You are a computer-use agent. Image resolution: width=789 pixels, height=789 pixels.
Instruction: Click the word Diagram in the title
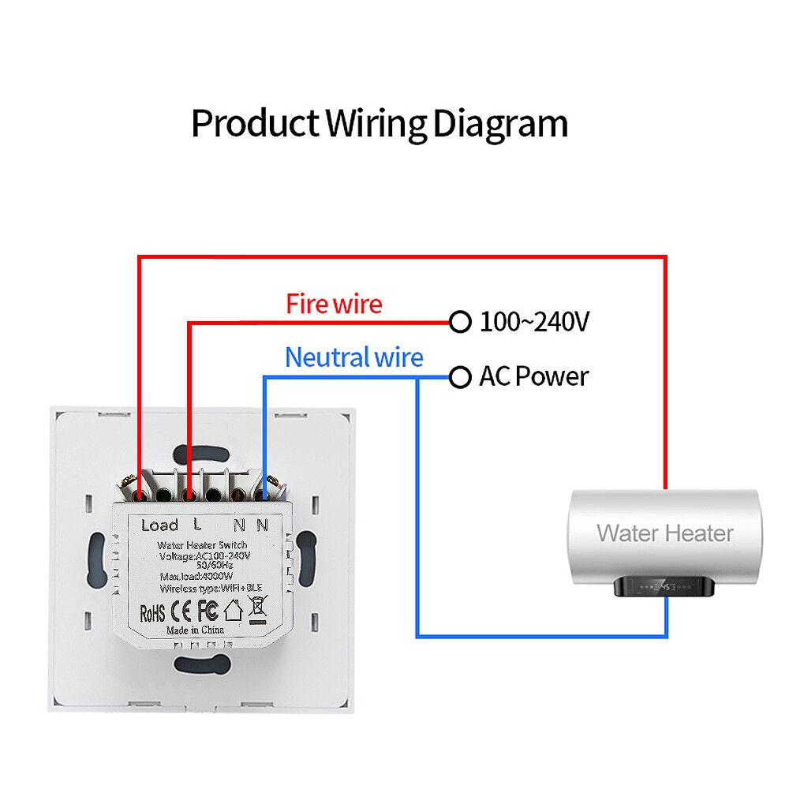tap(501, 124)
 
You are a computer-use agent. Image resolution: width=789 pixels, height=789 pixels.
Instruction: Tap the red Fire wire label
tap(334, 304)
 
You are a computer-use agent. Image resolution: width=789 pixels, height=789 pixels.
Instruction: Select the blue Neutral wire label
tap(353, 357)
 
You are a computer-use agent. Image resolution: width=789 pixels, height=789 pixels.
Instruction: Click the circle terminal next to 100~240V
tap(460, 322)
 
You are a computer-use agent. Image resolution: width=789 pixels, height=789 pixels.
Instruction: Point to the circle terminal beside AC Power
tap(460, 378)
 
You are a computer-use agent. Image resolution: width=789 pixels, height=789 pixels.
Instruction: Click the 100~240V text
tap(534, 322)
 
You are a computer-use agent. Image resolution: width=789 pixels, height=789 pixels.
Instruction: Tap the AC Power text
tap(533, 377)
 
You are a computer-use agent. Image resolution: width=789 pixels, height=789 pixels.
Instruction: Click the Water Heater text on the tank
tap(665, 533)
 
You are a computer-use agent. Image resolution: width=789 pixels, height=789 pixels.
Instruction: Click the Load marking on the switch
tap(159, 525)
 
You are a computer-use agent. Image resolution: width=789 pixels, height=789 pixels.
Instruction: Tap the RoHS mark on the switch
tap(152, 611)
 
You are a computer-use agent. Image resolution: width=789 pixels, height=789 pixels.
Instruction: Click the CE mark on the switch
tap(181, 611)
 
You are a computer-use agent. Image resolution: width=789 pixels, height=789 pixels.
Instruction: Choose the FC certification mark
tap(207, 611)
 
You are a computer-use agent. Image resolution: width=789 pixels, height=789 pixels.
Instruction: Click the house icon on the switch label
tap(233, 610)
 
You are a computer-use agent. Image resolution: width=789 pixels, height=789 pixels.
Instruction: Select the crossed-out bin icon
tap(257, 608)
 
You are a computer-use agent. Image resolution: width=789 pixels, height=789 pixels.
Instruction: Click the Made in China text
tap(195, 630)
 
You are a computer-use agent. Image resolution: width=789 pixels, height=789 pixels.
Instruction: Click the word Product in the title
tap(255, 124)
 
